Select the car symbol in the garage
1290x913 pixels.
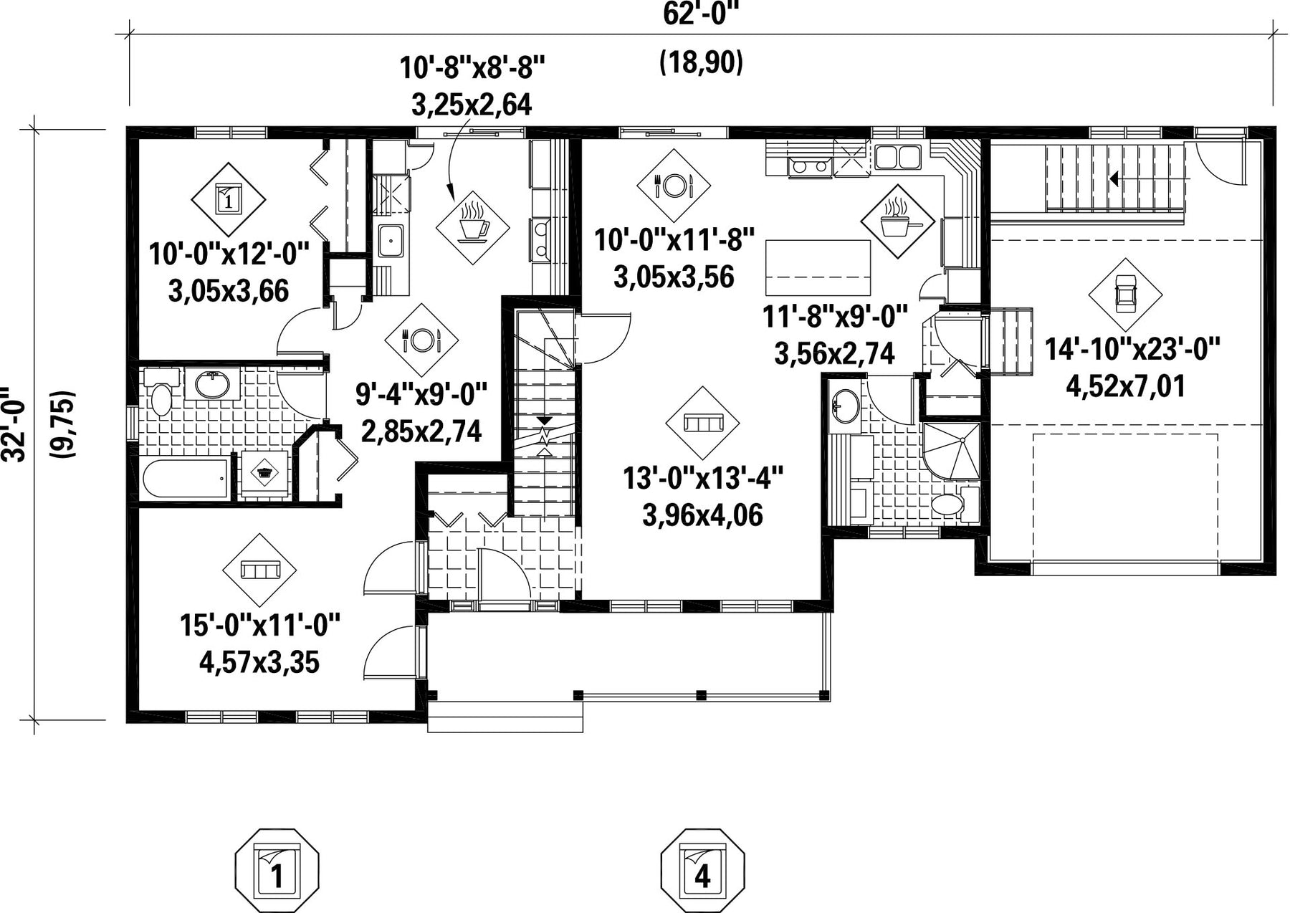pyautogui.click(x=1125, y=294)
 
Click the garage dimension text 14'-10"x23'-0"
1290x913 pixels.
pyautogui.click(x=1132, y=350)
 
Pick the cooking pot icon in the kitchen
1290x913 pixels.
pyautogui.click(x=897, y=221)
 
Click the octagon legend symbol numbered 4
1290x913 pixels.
pyautogui.click(x=702, y=869)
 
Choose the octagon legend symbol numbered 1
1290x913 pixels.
pyautogui.click(x=277, y=869)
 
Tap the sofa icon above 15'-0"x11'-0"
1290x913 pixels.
pyautogui.click(x=259, y=570)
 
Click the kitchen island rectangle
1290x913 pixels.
pyautogui.click(x=818, y=267)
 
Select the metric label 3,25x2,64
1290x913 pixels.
pyautogui.click(x=472, y=105)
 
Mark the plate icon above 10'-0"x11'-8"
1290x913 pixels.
pyautogui.click(x=673, y=186)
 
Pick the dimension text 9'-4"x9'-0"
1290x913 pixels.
pyautogui.click(x=421, y=393)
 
